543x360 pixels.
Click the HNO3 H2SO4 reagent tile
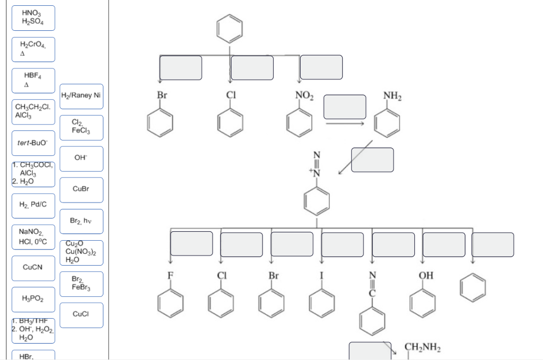tap(33, 18)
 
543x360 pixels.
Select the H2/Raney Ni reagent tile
tap(81, 96)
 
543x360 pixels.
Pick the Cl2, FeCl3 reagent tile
tap(81, 127)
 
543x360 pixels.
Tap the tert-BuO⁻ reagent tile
tap(33, 143)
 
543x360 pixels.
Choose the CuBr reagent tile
tap(81, 189)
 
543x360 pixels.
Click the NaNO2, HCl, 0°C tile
tap(33, 237)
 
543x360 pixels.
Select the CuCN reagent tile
tap(33, 268)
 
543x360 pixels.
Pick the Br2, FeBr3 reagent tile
tap(81, 283)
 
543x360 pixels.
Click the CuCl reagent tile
tap(81, 314)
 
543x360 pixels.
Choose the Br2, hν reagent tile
tap(81, 221)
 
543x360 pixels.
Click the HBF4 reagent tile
tap(33, 81)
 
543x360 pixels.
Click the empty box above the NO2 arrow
tap(321, 67)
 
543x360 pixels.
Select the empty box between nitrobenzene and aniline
tap(345, 107)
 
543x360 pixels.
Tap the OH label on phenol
tap(426, 275)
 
